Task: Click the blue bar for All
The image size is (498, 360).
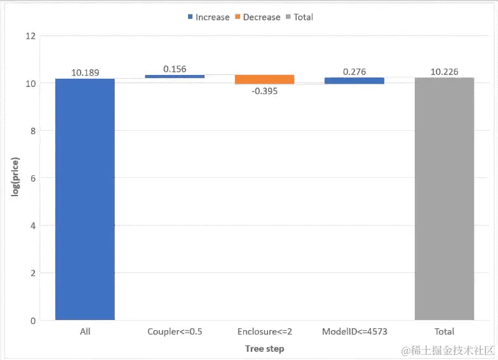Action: click(x=85, y=199)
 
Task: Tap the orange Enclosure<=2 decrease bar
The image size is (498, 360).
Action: click(x=264, y=79)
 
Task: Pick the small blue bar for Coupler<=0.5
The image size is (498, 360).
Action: click(x=175, y=76)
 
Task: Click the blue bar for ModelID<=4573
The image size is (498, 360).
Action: click(x=354, y=81)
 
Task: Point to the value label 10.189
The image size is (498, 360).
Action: click(x=85, y=72)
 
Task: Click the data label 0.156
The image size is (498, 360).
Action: click(x=175, y=69)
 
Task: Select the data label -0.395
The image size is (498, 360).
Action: click(x=264, y=91)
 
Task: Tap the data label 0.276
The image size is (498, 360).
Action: click(x=354, y=72)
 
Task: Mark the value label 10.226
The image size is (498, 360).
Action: click(x=444, y=72)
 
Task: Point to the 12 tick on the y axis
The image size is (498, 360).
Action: click(x=30, y=36)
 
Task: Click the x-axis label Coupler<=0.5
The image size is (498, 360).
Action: click(x=175, y=331)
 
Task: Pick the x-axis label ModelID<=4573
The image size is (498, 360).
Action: click(x=354, y=331)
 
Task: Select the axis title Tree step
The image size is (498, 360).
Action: click(x=264, y=349)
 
